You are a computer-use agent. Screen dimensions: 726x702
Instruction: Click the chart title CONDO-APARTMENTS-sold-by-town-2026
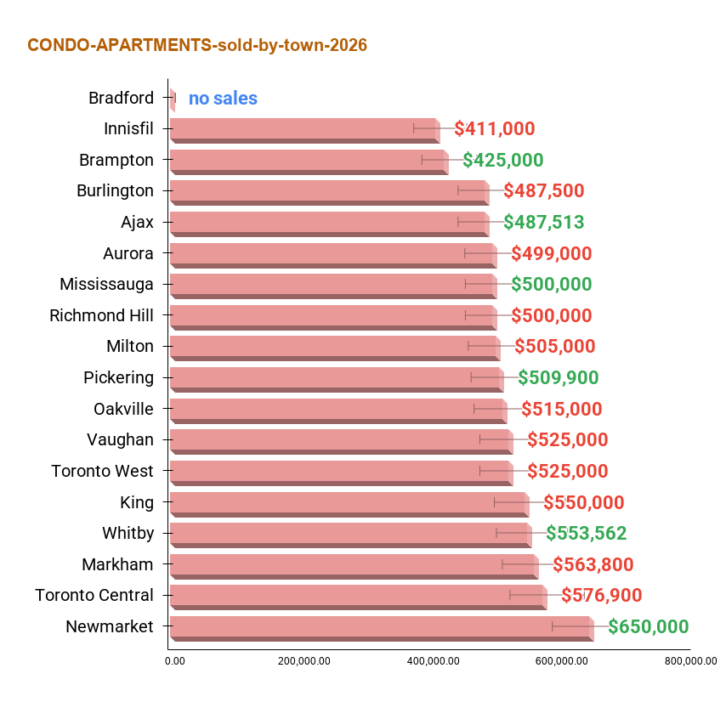197,45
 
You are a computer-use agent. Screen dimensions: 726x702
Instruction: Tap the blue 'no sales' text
224,98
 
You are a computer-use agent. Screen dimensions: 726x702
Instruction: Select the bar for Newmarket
382,628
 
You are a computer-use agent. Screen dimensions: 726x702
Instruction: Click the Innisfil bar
305,131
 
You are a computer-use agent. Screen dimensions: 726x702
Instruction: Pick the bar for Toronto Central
359,597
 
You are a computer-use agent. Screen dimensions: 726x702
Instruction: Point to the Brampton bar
309,162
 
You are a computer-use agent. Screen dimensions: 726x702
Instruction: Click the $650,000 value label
648,626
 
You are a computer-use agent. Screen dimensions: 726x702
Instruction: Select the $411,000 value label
495,128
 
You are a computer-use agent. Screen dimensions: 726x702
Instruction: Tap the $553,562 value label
587,533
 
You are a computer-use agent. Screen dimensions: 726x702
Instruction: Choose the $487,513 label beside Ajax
544,222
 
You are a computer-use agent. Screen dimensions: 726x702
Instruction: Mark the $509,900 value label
559,377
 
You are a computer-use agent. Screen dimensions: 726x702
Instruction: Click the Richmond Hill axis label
101,315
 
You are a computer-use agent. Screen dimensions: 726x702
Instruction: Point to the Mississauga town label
106,284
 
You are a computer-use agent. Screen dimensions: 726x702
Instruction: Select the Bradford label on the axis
122,98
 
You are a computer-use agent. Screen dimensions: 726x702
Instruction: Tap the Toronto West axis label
102,471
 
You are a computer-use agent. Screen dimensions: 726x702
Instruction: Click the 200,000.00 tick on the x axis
304,661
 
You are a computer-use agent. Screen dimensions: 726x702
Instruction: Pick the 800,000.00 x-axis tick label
691,661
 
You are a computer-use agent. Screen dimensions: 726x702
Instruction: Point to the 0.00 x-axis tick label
175,661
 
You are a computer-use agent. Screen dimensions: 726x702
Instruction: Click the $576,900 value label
602,595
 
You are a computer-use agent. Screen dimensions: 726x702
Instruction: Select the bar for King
350,505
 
